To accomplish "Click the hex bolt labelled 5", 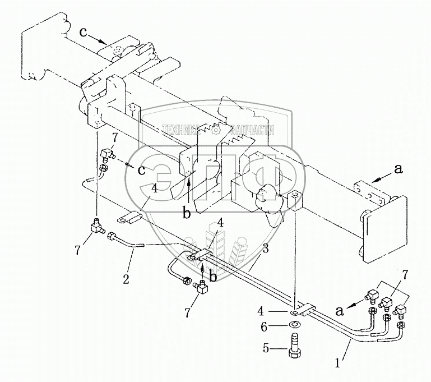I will click(294, 349).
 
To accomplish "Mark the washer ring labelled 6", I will click(294, 325).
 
